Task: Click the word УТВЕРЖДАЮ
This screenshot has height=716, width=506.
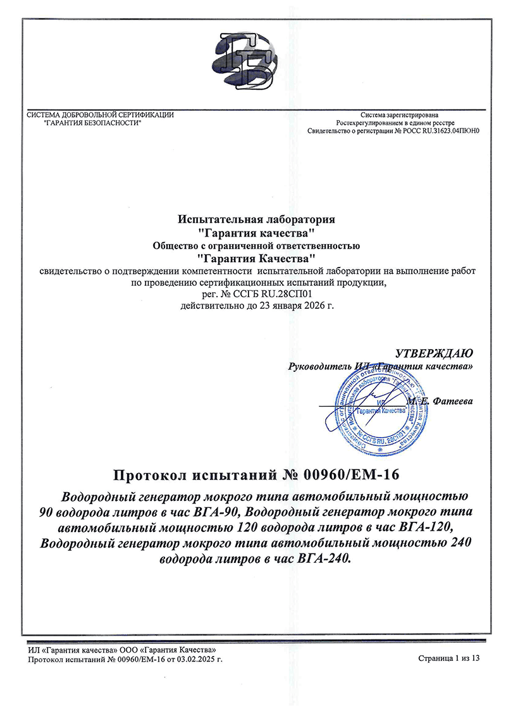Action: (433, 352)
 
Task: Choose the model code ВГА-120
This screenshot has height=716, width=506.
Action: (425, 527)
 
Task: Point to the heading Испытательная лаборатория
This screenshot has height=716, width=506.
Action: (256, 219)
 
